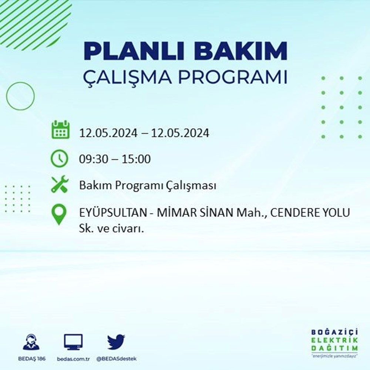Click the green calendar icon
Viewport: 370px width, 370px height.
[60, 129]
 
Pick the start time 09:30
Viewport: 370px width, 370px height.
[95, 159]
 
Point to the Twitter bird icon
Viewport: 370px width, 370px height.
[116, 342]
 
